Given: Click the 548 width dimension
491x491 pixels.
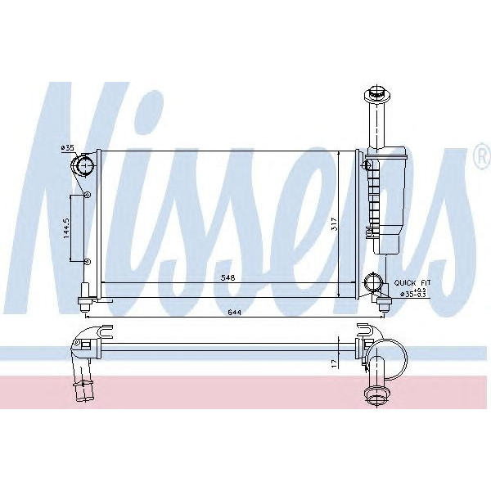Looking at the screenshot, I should (227, 278).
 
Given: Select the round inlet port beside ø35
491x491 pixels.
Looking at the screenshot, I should (84, 167).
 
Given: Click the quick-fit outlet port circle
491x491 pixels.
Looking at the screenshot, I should (373, 286).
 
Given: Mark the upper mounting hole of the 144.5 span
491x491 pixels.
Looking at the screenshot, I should (86, 196).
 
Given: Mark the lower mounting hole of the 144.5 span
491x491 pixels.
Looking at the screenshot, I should (86, 260).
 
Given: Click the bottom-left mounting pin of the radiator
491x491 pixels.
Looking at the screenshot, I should (84, 304).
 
